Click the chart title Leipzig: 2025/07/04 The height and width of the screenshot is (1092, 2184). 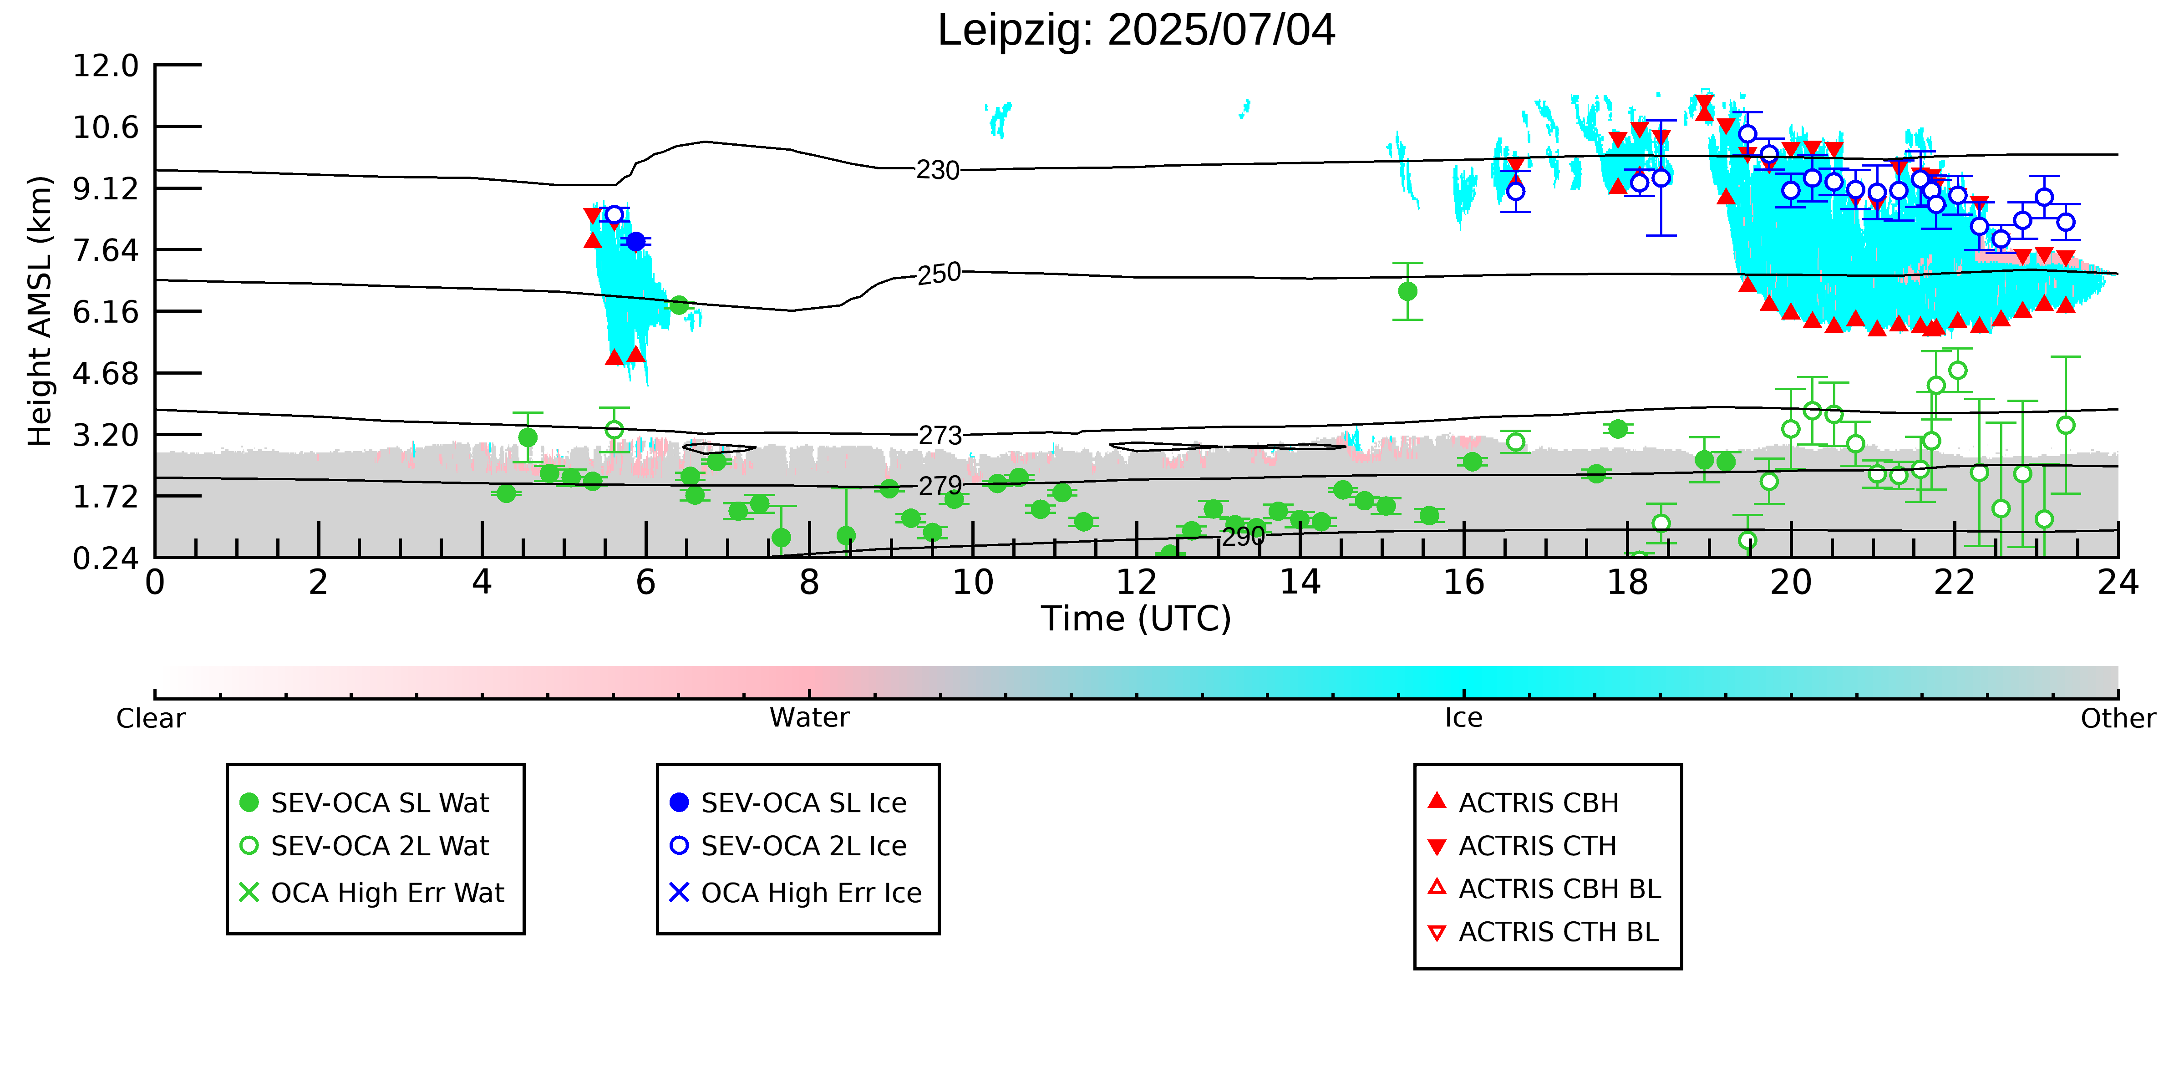point(1136,30)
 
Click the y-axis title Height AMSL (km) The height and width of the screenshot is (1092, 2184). point(40,311)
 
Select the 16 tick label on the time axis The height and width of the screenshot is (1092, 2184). point(1464,583)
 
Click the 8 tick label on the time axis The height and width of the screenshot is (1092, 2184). point(810,583)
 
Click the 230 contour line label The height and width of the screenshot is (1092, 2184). point(938,170)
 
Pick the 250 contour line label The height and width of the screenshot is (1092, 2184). point(940,274)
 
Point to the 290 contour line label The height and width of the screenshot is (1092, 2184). point(1243,537)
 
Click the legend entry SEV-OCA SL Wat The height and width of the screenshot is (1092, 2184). point(365,803)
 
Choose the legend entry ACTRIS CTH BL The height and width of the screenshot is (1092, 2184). point(1543,933)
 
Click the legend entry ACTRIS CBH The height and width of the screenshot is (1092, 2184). point(1524,803)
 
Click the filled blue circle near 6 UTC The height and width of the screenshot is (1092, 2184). point(636,242)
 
